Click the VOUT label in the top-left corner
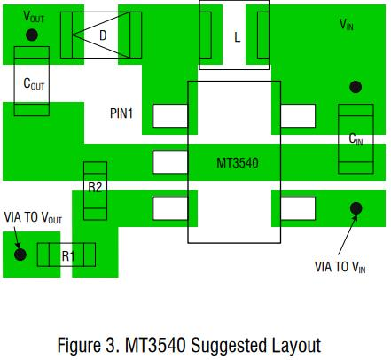(34, 17)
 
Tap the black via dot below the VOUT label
(32, 35)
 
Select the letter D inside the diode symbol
(103, 35)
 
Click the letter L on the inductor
(237, 37)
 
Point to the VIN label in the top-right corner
(347, 24)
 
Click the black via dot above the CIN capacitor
(356, 87)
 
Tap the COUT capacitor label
(34, 83)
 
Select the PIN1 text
(121, 113)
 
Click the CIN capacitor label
(356, 139)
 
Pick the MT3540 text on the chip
(238, 163)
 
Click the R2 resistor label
(95, 187)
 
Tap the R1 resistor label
(68, 255)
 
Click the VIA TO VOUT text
(33, 218)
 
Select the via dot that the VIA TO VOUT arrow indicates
(20, 254)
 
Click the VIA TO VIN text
(340, 267)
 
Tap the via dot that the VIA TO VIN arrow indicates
(356, 208)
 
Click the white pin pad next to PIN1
(170, 116)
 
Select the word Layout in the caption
(296, 346)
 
